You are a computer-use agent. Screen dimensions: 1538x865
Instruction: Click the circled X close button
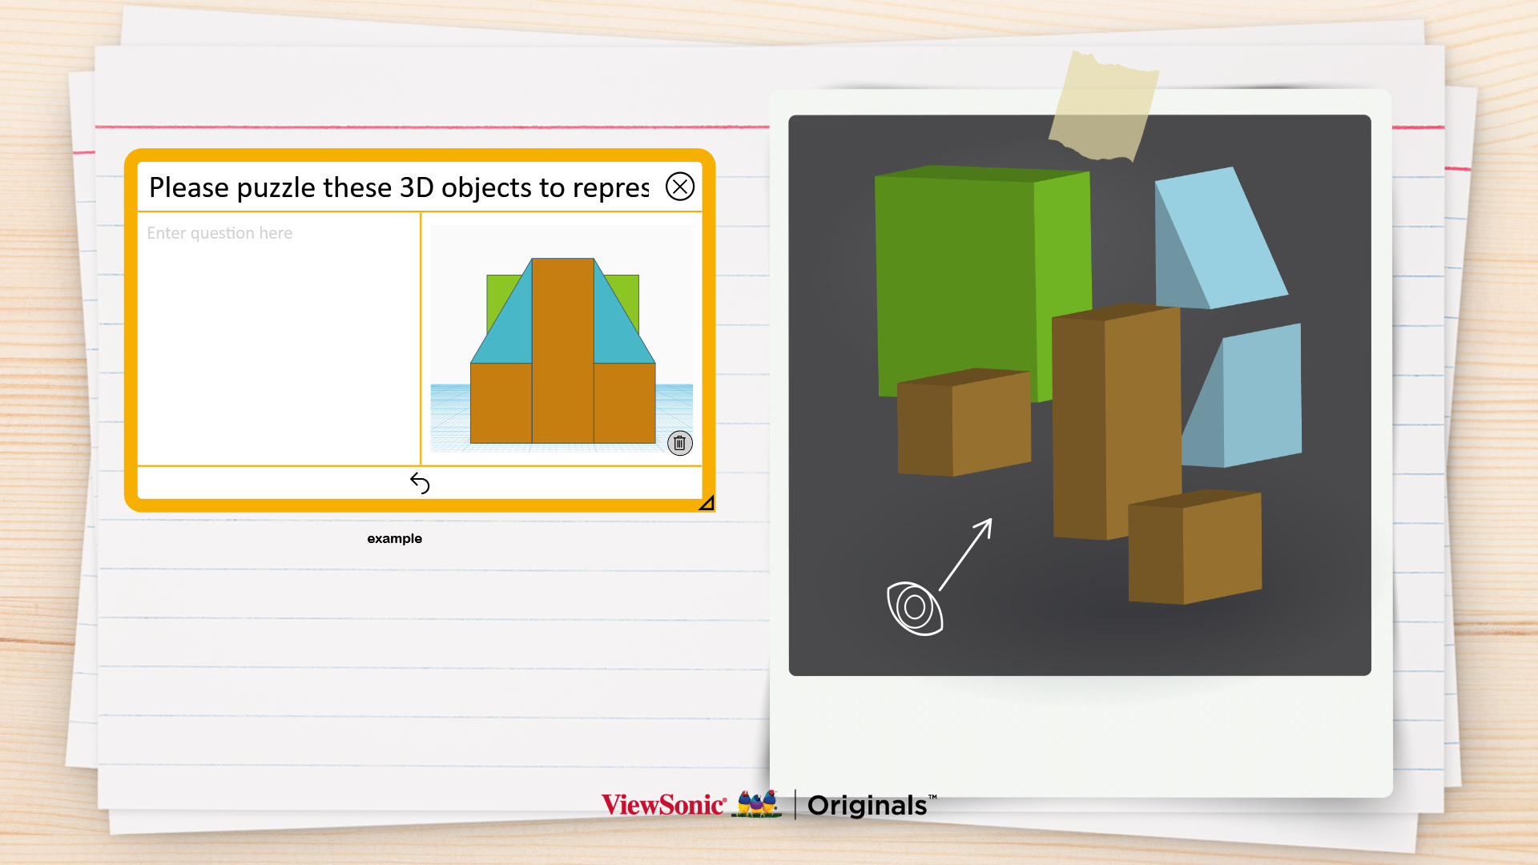680,187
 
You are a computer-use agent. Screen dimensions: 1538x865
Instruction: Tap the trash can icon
679,443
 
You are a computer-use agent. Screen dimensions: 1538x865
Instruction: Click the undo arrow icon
420,482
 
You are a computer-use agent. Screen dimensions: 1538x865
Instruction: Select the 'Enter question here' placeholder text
219,233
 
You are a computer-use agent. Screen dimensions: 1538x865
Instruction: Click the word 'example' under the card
394,538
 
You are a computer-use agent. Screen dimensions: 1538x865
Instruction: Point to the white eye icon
915,608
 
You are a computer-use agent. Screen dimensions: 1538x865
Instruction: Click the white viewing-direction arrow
966,554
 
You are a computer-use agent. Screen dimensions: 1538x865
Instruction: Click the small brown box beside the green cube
964,422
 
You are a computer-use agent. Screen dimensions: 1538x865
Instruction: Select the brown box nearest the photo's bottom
1194,546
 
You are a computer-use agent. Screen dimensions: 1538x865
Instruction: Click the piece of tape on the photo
1104,107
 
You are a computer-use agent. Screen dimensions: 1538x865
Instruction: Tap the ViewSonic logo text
663,804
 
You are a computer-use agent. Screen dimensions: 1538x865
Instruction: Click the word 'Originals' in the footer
868,805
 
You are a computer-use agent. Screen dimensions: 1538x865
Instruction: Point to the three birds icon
759,803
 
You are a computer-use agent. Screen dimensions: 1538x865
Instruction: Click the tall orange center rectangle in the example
563,350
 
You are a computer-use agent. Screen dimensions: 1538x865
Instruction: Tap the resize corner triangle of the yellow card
707,503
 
